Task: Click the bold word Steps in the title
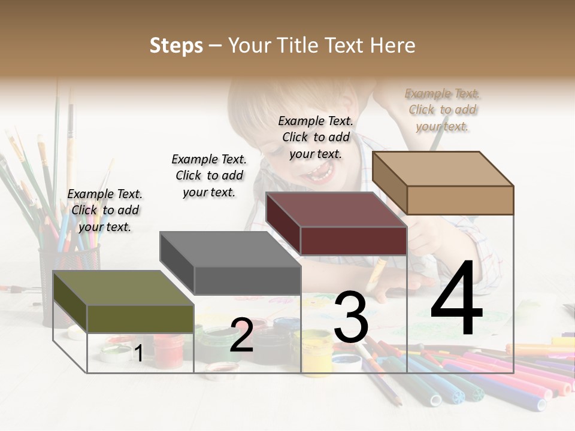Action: tap(176, 45)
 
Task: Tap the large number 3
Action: tap(351, 318)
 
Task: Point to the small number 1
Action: tap(138, 353)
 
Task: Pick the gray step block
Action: tap(230, 263)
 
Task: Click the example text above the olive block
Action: tap(105, 210)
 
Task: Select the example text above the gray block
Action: tap(209, 175)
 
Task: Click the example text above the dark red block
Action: tap(316, 137)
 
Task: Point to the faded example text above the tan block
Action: tap(443, 110)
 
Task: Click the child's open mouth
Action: tap(320, 173)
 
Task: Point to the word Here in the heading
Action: tap(394, 45)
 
